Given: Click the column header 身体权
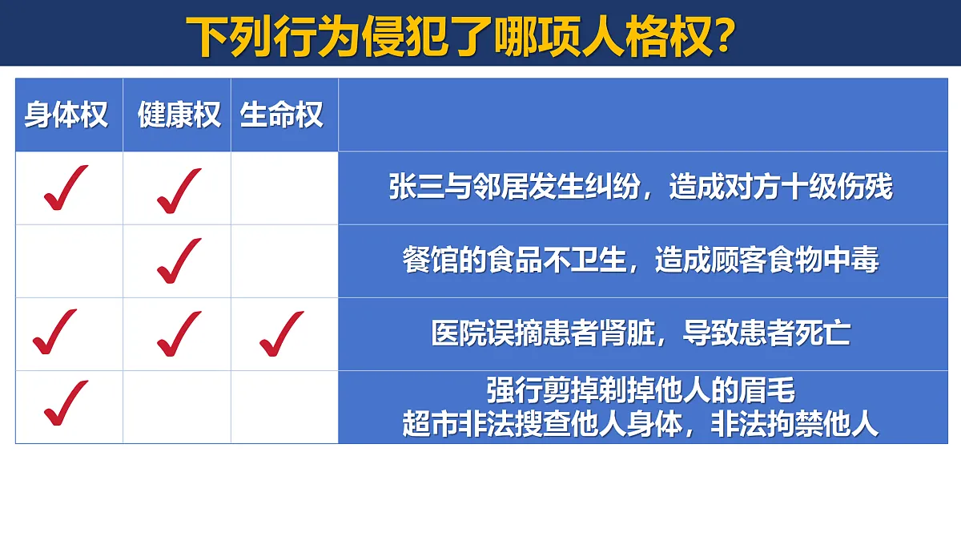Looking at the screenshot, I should pos(66,115).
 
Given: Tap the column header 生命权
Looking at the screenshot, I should pos(282,115).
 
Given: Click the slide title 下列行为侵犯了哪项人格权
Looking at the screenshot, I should pos(448,36).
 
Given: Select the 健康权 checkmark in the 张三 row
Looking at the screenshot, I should pos(179,189).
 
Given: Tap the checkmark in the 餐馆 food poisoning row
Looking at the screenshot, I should pos(179,260).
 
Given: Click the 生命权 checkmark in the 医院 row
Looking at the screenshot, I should pos(282,333).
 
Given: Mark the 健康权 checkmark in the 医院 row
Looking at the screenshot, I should pos(179,333).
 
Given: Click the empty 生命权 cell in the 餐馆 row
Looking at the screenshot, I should pos(284,260).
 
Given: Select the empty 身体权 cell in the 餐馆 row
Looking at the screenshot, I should pos(69,260).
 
